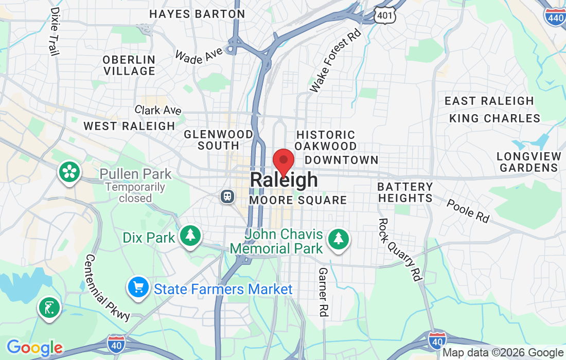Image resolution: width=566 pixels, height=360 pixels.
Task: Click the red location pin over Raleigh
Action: click(x=283, y=162)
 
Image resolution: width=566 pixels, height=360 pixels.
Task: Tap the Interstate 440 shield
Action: click(x=555, y=17)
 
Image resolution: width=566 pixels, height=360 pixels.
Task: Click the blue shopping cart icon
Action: click(x=138, y=287)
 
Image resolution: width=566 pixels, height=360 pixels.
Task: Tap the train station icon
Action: click(x=226, y=196)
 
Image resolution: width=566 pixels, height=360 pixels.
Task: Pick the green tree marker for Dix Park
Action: click(x=191, y=236)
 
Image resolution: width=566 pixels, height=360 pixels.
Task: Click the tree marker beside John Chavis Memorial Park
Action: click(x=338, y=238)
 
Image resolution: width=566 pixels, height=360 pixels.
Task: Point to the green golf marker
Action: click(x=49, y=309)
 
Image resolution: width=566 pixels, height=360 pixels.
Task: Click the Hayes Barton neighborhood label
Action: click(x=197, y=14)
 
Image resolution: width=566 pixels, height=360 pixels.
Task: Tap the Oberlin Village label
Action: click(x=129, y=65)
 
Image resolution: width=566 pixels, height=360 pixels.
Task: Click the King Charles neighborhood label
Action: click(x=494, y=119)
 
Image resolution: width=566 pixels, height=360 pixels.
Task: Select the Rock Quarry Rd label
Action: click(x=399, y=249)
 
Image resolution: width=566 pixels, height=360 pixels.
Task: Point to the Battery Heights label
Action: click(x=405, y=192)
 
